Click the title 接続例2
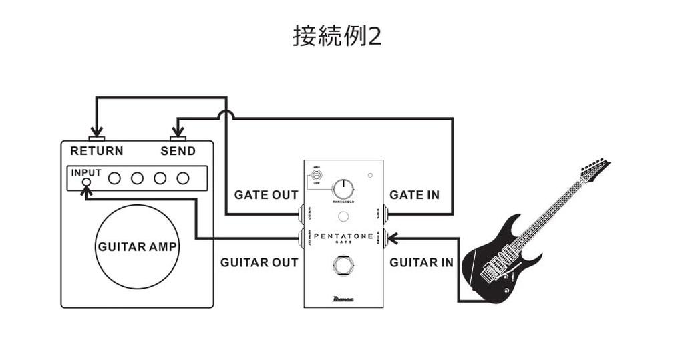[x=337, y=36]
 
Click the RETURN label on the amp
[x=97, y=151]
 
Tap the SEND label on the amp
[x=178, y=151]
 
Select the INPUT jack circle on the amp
[x=86, y=182]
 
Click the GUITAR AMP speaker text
[x=138, y=247]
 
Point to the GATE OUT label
[x=266, y=195]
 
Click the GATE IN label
[x=414, y=195]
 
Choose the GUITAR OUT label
[x=259, y=262]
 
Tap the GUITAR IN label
[x=421, y=262]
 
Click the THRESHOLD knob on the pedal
[x=343, y=188]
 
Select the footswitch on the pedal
[x=343, y=268]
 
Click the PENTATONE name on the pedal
[x=343, y=236]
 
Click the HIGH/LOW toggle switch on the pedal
[x=317, y=177]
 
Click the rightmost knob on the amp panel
[x=182, y=178]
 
